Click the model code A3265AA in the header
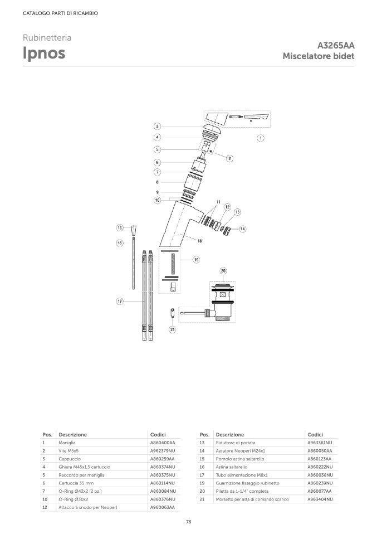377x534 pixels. (x=336, y=45)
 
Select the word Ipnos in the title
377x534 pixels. (x=44, y=53)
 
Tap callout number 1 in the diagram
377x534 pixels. (x=261, y=138)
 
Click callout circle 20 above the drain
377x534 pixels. (x=223, y=271)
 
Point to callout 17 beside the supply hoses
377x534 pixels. (x=120, y=302)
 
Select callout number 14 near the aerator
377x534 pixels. (x=243, y=229)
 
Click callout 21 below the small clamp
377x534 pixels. (x=173, y=329)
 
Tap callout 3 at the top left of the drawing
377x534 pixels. (x=157, y=127)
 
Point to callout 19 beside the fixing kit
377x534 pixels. (x=197, y=260)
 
